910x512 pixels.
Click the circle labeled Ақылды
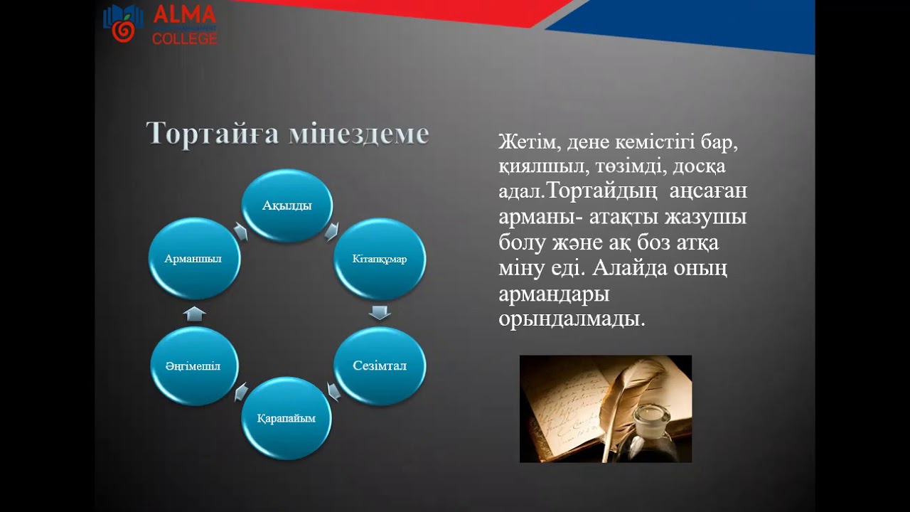click(x=287, y=205)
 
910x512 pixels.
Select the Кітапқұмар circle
click(x=380, y=259)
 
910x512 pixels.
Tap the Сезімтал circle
click(x=380, y=366)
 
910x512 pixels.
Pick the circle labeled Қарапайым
click(x=287, y=418)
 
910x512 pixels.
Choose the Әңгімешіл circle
click(x=194, y=366)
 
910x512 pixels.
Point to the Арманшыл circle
click(x=194, y=259)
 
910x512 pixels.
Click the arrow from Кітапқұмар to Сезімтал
click(x=380, y=312)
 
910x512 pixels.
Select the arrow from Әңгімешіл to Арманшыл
click(x=194, y=313)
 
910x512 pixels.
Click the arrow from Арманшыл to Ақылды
click(x=240, y=232)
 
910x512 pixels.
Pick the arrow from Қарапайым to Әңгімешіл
click(x=240, y=392)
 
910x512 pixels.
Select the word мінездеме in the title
click(x=359, y=134)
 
